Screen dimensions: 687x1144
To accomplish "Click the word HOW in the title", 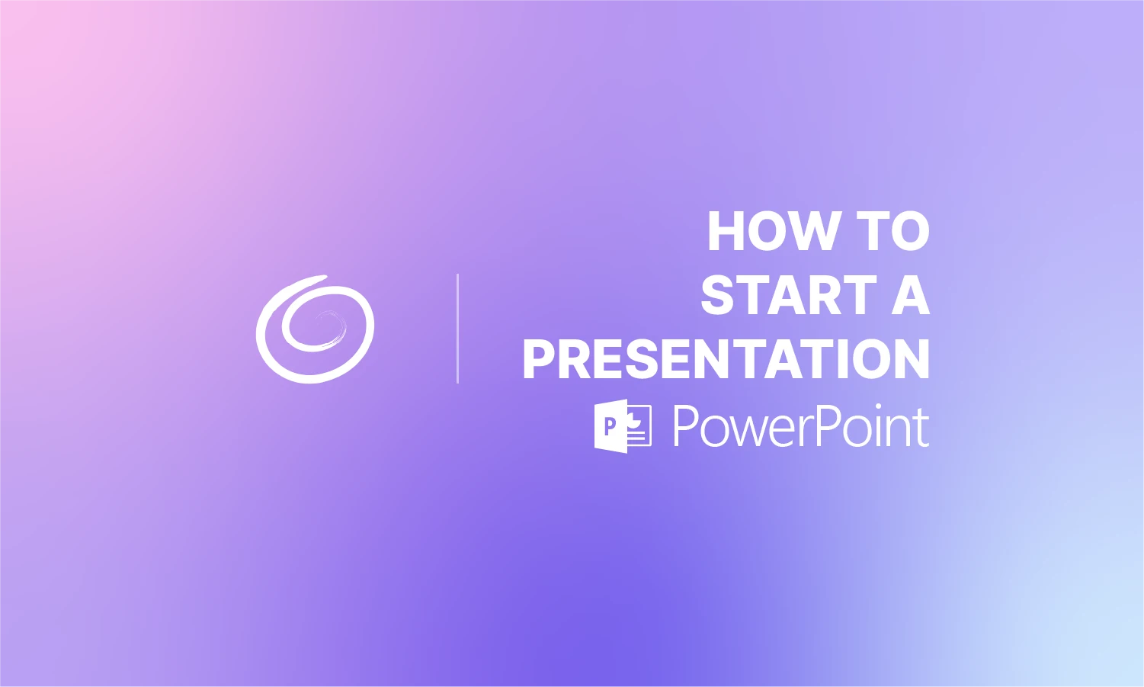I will click(x=774, y=231).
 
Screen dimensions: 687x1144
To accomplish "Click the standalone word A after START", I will click(x=911, y=295).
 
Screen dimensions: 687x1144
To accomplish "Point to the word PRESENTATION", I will click(x=726, y=359).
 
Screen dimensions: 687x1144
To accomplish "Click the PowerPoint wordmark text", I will click(x=800, y=426).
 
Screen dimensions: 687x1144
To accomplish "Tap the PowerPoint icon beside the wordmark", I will click(x=622, y=426).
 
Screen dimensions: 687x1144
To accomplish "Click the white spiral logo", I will click(x=315, y=329).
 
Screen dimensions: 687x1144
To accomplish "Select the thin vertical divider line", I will click(x=457, y=329).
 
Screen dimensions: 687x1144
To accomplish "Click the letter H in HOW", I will click(x=726, y=231).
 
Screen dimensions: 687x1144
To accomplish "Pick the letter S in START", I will click(x=718, y=295).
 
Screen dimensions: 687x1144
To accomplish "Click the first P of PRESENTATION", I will click(x=540, y=359).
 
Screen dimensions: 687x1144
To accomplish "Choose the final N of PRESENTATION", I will click(x=912, y=359).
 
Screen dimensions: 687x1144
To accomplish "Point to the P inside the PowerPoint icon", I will click(x=610, y=426).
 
